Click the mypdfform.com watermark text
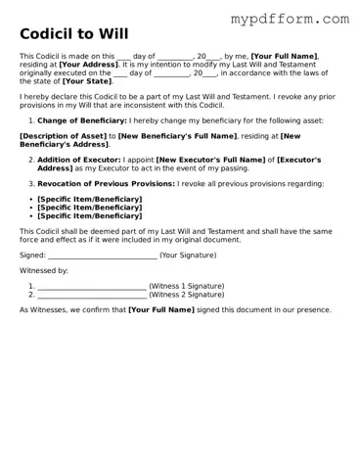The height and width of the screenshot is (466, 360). tap(289, 19)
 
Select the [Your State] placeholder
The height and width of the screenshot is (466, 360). tap(86, 81)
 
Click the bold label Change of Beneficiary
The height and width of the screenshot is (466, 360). tap(82, 120)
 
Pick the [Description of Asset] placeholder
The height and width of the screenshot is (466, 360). tap(62, 136)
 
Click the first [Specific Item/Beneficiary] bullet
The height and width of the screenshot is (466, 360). tap(89, 199)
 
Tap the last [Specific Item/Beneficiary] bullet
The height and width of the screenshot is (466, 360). tap(89, 215)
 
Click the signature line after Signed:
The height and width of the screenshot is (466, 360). tap(102, 255)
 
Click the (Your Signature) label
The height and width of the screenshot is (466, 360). tap(188, 255)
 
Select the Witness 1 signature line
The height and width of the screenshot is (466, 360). tap(92, 286)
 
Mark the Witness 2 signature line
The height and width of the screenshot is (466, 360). tap(92, 294)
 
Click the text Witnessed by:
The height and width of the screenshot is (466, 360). tap(44, 270)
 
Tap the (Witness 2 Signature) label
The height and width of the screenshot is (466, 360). tap(186, 294)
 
